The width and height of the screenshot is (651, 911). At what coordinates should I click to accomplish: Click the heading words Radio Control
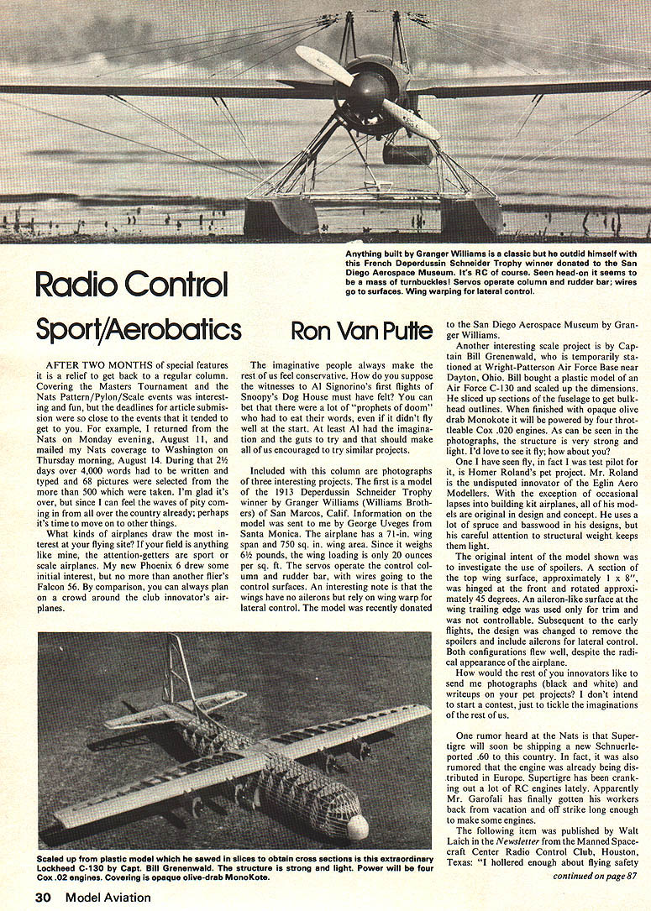(x=131, y=285)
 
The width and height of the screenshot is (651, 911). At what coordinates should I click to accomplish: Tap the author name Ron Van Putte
(x=363, y=329)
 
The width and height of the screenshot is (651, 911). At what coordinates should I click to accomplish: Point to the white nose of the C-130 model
(x=357, y=827)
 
